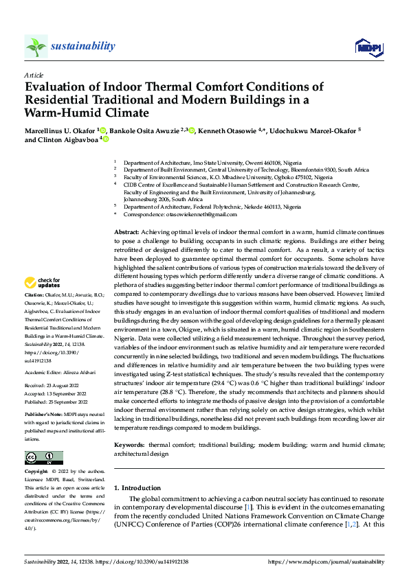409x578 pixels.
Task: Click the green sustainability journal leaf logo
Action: tap(36, 46)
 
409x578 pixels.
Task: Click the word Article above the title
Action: tap(34, 75)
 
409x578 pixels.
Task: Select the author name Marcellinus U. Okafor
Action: tap(60, 130)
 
